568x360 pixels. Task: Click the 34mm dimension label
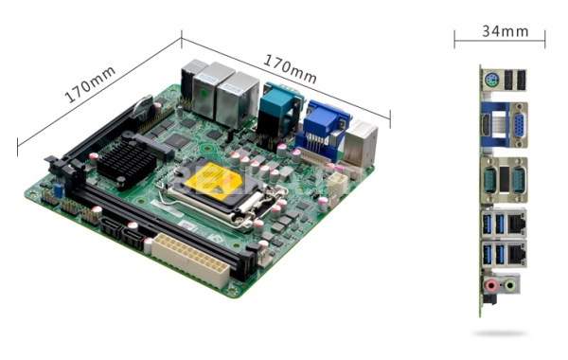pyautogui.click(x=506, y=31)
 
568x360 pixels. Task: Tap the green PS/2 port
pyautogui.click(x=491, y=80)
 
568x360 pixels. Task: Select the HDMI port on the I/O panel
pyautogui.click(x=486, y=125)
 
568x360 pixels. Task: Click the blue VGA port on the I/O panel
pyautogui.click(x=518, y=125)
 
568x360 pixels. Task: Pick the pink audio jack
pyautogui.click(x=490, y=286)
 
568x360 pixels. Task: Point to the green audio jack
pyautogui.click(x=510, y=286)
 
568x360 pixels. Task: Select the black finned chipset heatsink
pyautogui.click(x=126, y=163)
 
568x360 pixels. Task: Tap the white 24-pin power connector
pyautogui.click(x=190, y=260)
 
